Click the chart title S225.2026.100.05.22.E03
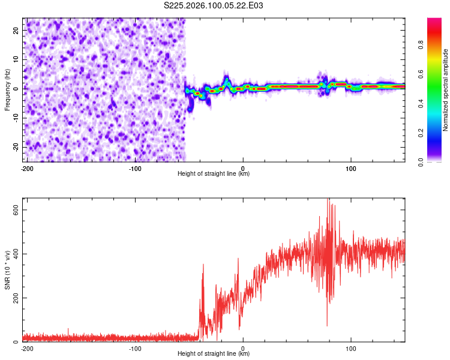(x=214, y=6)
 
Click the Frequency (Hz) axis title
(x=7, y=90)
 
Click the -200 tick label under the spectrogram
(x=26, y=168)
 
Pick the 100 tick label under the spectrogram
(x=351, y=168)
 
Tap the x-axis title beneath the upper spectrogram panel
(x=214, y=174)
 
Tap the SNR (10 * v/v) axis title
(x=7, y=270)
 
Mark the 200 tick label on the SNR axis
(x=16, y=298)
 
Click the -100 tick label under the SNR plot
(x=134, y=348)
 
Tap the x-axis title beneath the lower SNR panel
(x=214, y=354)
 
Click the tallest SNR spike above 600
(x=328, y=200)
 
